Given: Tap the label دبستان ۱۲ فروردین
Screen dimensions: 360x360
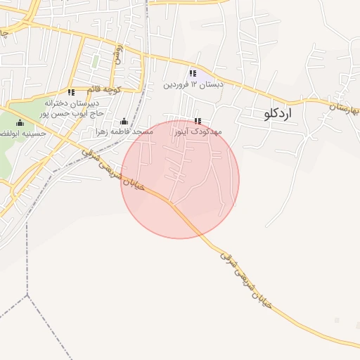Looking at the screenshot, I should (x=193, y=85).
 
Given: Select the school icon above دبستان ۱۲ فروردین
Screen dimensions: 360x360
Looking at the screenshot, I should (x=192, y=74).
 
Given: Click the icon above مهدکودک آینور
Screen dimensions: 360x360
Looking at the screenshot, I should (x=197, y=121).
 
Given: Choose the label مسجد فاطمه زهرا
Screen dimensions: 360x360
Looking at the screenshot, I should (x=126, y=131).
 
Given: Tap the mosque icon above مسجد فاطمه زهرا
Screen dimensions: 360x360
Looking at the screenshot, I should (x=124, y=121).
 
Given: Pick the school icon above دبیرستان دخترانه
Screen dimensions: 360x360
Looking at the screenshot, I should (x=70, y=92).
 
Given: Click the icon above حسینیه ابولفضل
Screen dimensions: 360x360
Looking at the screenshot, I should (x=20, y=123).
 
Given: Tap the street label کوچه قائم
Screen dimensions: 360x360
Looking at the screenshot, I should (x=104, y=90).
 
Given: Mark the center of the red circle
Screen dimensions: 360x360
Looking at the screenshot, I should (x=180, y=179).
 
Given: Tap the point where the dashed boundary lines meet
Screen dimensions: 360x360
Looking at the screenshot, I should (x=29, y=296).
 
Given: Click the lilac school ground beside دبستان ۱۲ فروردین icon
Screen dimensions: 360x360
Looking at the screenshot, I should (x=201, y=74).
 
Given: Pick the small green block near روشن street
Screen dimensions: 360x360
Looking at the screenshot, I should (x=95, y=61).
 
